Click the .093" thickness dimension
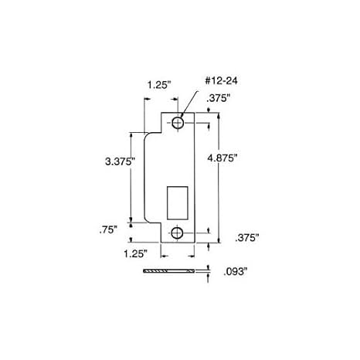tap(233, 272)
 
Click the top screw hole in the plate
tap(178, 124)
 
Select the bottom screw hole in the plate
tap(178, 233)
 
